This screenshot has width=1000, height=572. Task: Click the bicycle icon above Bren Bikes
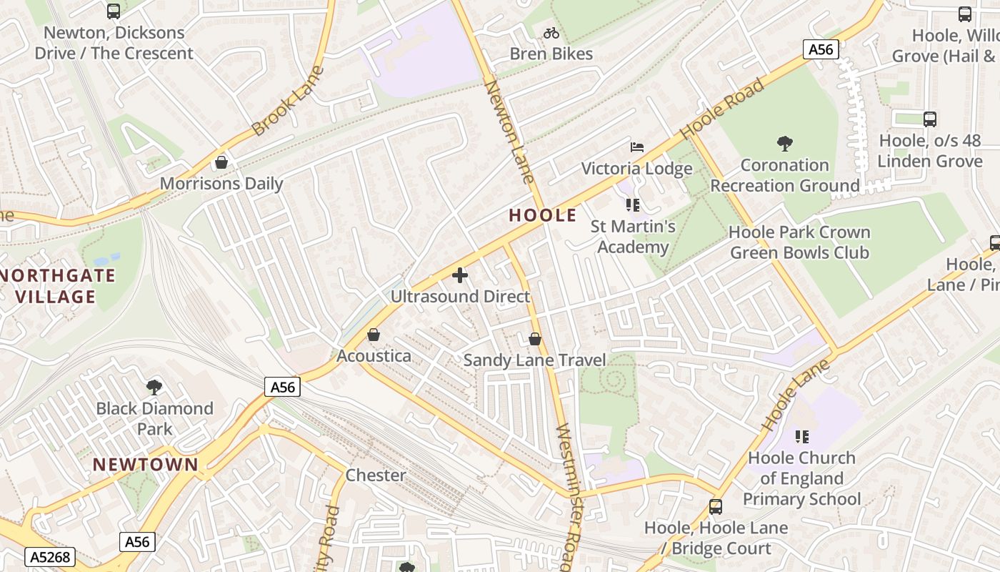coord(551,33)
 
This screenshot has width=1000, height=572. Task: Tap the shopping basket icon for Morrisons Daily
coord(221,162)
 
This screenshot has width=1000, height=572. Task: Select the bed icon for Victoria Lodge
coord(637,147)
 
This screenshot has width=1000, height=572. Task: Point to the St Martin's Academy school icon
coord(632,206)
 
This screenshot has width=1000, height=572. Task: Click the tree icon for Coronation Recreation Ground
coord(784,144)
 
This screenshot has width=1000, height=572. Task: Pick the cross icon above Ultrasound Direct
coord(460,275)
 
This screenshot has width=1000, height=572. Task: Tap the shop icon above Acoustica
coord(374,335)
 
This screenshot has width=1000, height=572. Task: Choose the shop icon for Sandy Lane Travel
coord(534,339)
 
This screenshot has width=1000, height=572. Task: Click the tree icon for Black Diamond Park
coord(154,388)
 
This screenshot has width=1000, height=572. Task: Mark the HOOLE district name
coord(543,215)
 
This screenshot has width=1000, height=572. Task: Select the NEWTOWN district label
coord(146,465)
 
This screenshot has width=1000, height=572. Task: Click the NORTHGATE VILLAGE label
coord(57,286)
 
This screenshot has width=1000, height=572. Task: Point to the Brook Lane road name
coord(288,101)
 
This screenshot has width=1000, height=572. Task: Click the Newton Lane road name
coord(509,132)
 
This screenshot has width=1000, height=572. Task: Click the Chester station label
coord(376,475)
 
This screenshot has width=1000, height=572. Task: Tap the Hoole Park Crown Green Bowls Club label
coord(799,242)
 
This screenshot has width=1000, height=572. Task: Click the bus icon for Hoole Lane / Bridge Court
coord(716,507)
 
